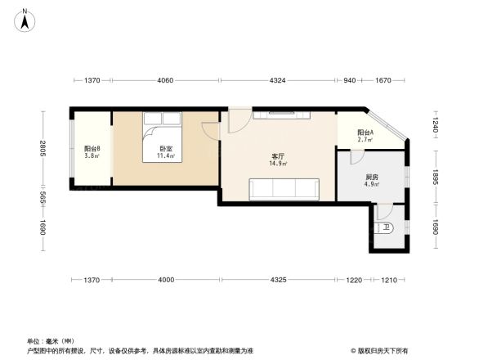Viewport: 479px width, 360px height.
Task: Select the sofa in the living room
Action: click(x=284, y=189)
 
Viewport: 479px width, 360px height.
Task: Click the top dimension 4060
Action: click(x=165, y=80)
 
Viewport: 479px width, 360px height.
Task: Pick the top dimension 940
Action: click(x=349, y=80)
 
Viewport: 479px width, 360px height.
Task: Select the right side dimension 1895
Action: click(x=436, y=178)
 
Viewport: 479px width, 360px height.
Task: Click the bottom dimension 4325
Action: click(x=278, y=281)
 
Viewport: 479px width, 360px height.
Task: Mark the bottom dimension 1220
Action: click(x=354, y=281)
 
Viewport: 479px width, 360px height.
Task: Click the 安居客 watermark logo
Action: click(x=381, y=350)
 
